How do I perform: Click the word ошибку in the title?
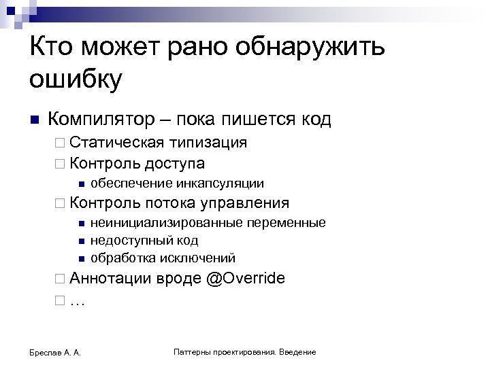tap(76, 80)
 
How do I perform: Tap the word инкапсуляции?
tap(222, 183)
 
